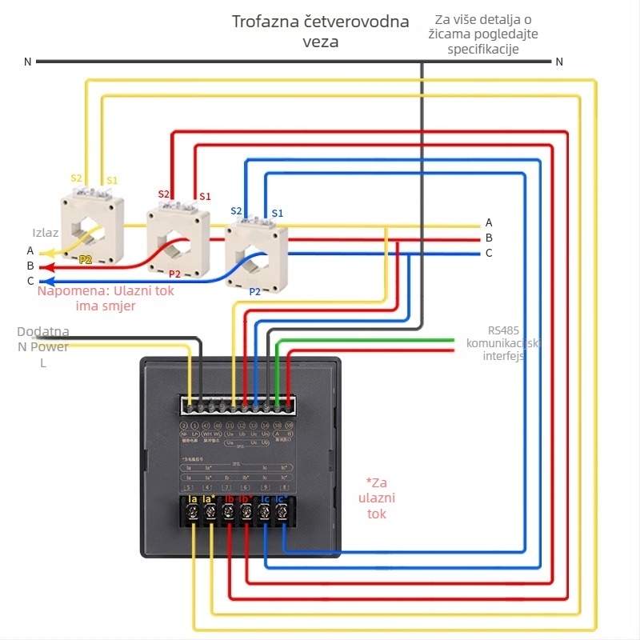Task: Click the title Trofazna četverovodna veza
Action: coord(320,31)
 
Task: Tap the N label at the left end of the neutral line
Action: coord(28,62)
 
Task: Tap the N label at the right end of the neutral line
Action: coord(559,62)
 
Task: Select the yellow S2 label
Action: coord(76,178)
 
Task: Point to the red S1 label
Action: coord(205,196)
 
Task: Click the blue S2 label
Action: coord(236,211)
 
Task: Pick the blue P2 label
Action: coord(254,292)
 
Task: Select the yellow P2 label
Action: coord(86,260)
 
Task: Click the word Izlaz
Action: coord(45,233)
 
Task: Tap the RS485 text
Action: coord(504,330)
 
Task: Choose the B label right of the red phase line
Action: coord(489,238)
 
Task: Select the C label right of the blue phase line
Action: coord(489,253)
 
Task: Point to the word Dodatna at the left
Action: coord(43,331)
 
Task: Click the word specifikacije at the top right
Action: coord(483,50)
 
